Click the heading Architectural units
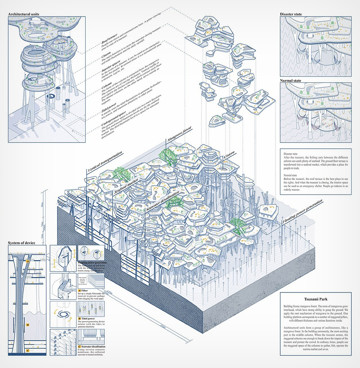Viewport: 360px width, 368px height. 24,14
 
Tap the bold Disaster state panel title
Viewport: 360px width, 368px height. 291,14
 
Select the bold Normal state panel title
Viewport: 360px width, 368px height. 290,81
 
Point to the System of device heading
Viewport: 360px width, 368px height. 22,243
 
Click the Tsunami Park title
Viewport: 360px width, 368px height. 316,299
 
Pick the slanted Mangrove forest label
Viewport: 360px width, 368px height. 179,134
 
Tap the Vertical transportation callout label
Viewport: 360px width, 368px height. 105,162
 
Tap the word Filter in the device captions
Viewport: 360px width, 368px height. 84,291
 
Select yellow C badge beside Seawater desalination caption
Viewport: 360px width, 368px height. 79,347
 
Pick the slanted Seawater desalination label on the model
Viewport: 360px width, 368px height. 162,201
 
